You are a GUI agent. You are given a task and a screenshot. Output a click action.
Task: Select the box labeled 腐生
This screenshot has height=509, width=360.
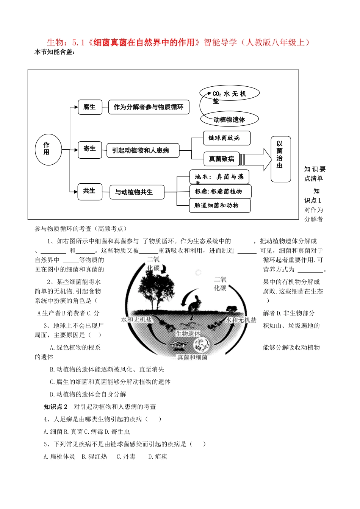pyautogui.click(x=90, y=107)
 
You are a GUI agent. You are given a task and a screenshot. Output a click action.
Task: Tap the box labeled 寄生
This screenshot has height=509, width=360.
pyautogui.click(x=90, y=149)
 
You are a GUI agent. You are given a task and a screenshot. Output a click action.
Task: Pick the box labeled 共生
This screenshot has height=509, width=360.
pyautogui.click(x=89, y=191)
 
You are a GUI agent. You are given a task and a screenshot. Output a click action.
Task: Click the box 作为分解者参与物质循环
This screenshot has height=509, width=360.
pyautogui.click(x=149, y=107)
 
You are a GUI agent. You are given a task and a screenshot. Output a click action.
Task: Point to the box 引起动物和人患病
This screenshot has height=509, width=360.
pyautogui.click(x=142, y=150)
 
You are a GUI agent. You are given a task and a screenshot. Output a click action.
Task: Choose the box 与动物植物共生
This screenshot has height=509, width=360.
pyautogui.click(x=137, y=192)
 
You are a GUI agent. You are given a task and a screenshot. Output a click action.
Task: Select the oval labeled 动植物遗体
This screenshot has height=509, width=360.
pyautogui.click(x=229, y=120)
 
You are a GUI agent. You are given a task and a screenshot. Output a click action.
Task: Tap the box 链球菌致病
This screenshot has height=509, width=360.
pyautogui.click(x=227, y=138)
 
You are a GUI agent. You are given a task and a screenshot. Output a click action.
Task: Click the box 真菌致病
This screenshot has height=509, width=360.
pyautogui.click(x=222, y=159)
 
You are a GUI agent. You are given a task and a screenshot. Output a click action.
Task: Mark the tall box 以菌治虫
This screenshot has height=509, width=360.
pyautogui.click(x=280, y=159)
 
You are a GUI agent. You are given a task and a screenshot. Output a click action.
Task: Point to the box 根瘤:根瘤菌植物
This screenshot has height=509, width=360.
pyautogui.click(x=220, y=192)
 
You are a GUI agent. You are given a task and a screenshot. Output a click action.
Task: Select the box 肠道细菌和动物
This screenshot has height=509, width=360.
pyautogui.click(x=220, y=206)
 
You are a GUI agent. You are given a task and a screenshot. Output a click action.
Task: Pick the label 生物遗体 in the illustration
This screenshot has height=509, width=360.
pyautogui.click(x=188, y=334)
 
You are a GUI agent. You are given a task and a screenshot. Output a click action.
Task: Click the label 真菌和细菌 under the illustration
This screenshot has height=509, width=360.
pyautogui.click(x=193, y=357)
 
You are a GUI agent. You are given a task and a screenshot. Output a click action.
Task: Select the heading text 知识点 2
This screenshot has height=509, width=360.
pyautogui.click(x=55, y=407)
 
